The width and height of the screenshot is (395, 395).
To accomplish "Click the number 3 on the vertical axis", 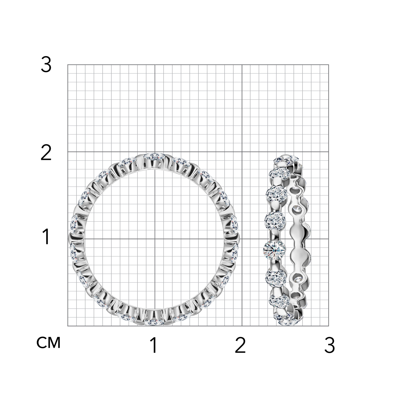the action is pos(46,65).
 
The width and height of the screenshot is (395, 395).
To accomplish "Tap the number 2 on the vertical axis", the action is pos(46,153).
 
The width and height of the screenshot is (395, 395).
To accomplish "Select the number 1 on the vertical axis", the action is pos(46,237).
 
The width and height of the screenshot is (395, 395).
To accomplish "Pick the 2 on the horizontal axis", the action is pos(240,345).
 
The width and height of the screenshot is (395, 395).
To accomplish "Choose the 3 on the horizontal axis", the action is pos(330,345).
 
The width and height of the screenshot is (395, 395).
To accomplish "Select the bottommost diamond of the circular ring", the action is pos(154,322).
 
